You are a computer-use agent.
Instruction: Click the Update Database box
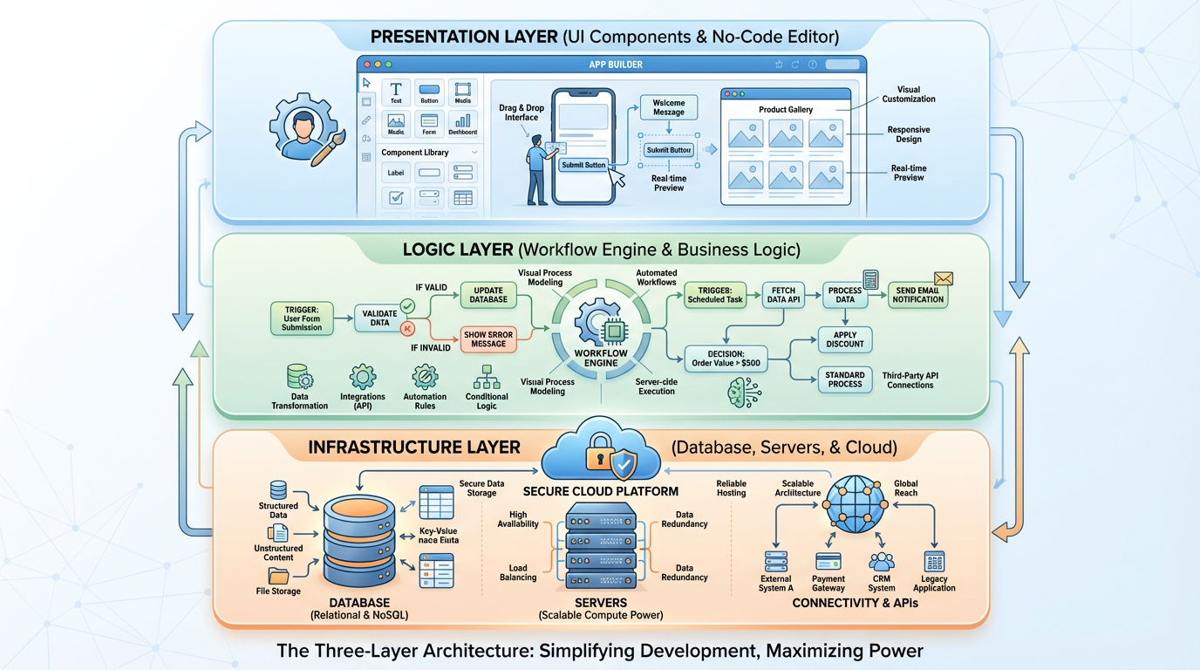point(488,295)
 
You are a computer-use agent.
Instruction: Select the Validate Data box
point(380,318)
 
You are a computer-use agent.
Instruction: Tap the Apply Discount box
point(844,339)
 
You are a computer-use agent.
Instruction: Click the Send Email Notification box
point(917,295)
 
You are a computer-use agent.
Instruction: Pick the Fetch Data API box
point(783,295)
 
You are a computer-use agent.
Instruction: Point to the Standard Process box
point(844,379)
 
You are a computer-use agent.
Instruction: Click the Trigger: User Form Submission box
point(302,318)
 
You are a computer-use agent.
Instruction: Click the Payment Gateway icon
point(828,562)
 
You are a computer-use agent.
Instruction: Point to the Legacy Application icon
point(934,562)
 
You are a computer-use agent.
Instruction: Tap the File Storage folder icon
point(279,576)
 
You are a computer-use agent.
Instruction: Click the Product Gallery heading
point(785,109)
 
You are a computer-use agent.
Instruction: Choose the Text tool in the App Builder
point(396,92)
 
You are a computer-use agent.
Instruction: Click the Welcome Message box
point(669,107)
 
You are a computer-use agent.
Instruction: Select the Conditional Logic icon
point(486,377)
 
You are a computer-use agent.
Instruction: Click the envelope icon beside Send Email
point(943,278)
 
